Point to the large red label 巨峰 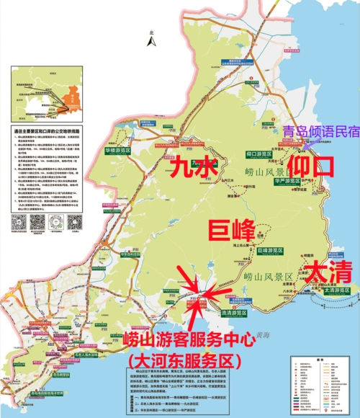(232, 231)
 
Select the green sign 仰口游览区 (260, 154)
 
